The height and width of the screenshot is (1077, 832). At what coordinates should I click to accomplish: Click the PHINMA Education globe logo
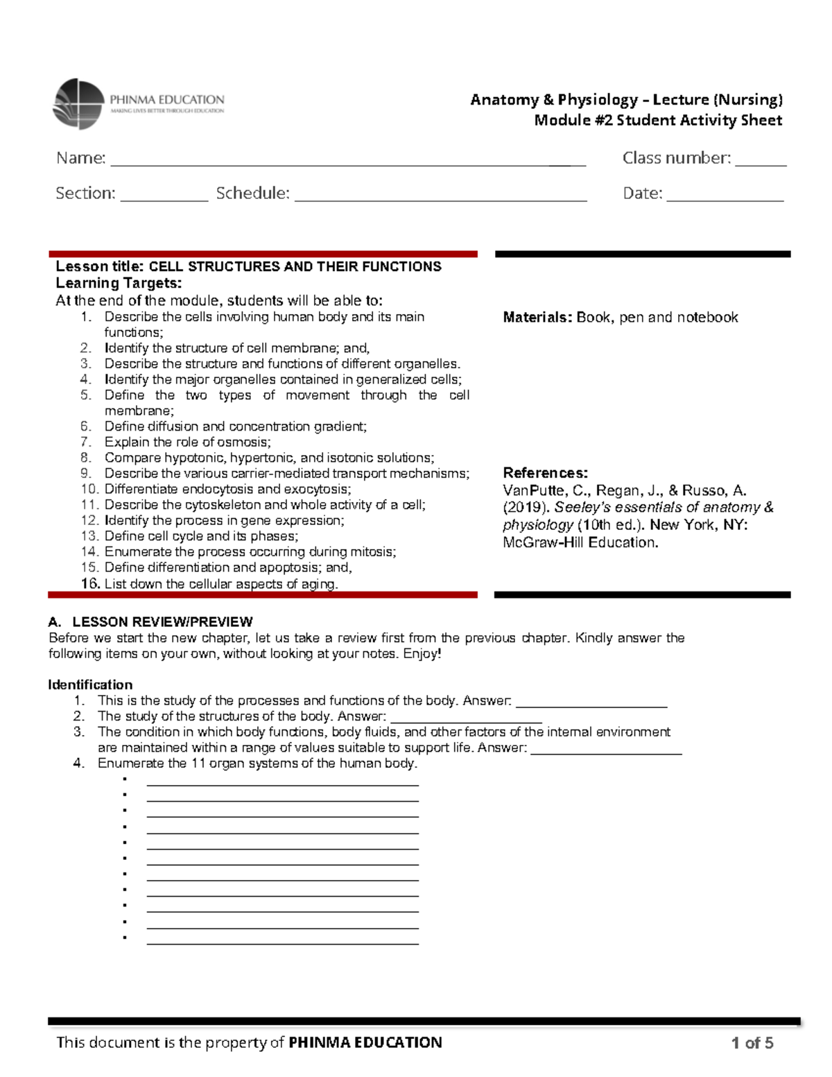point(78,104)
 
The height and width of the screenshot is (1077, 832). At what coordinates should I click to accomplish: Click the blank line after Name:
point(347,162)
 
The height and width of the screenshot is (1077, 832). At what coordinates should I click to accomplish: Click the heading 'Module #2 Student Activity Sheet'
point(657,121)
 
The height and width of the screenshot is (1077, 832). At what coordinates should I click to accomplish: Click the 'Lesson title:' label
point(101,267)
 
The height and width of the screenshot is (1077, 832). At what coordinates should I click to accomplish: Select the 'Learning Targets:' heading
point(119,283)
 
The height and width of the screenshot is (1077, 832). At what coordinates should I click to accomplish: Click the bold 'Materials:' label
point(537,318)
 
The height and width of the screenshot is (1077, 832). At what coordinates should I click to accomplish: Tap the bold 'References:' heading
point(545,473)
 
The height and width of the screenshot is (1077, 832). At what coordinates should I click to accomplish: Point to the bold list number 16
point(90,584)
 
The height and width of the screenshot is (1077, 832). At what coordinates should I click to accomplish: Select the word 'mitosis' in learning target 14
point(373,552)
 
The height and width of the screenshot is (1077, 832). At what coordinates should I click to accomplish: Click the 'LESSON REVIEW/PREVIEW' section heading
point(162,622)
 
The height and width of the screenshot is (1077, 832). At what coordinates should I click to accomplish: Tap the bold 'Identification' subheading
point(90,685)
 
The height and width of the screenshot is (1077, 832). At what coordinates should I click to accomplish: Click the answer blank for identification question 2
point(466,719)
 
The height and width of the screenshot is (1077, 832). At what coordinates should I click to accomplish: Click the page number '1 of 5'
point(752,1043)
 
